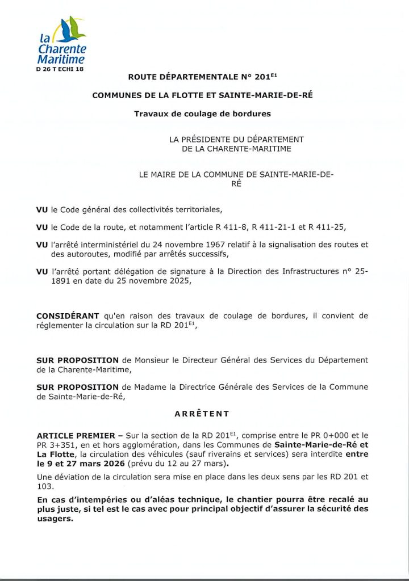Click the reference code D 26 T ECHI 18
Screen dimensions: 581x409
click(x=60, y=69)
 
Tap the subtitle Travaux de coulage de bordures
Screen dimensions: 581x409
click(x=202, y=113)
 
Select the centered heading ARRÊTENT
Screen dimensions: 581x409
click(x=202, y=414)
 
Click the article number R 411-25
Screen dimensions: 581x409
click(x=326, y=227)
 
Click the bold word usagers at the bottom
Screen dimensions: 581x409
click(x=55, y=519)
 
